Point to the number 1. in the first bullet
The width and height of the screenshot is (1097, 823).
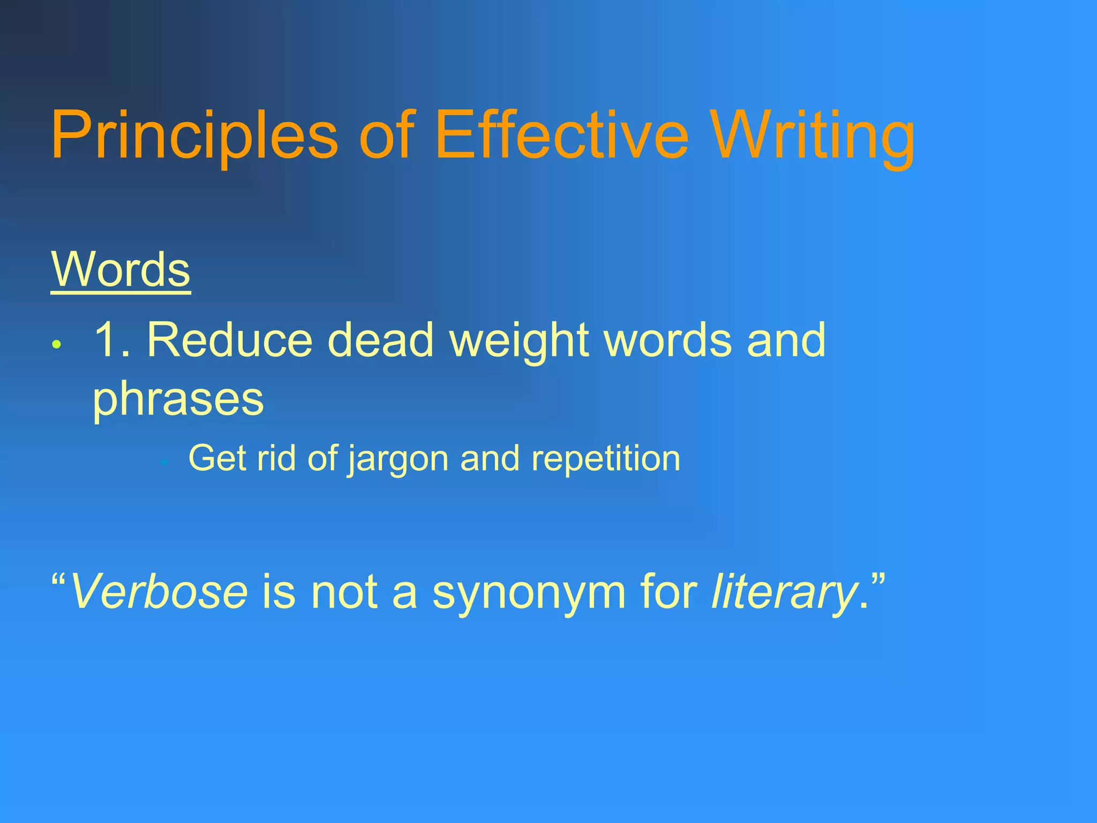[x=111, y=340]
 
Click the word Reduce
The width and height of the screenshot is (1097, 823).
[x=229, y=340]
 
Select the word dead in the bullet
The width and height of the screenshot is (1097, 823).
[x=380, y=340]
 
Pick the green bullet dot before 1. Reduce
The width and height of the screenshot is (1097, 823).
[x=57, y=345]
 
